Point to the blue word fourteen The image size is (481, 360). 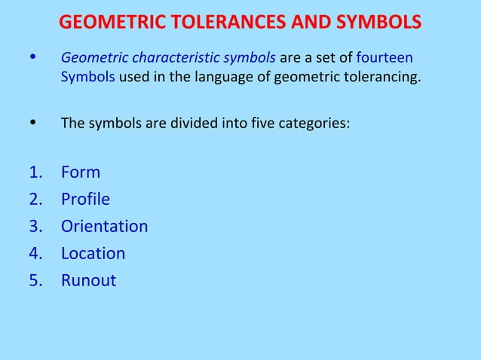click(x=384, y=57)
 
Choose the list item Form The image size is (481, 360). click(x=80, y=172)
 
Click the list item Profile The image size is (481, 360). click(x=85, y=200)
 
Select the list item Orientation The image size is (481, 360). click(x=104, y=227)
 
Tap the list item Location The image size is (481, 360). click(x=93, y=254)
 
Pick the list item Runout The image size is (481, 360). click(x=88, y=281)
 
